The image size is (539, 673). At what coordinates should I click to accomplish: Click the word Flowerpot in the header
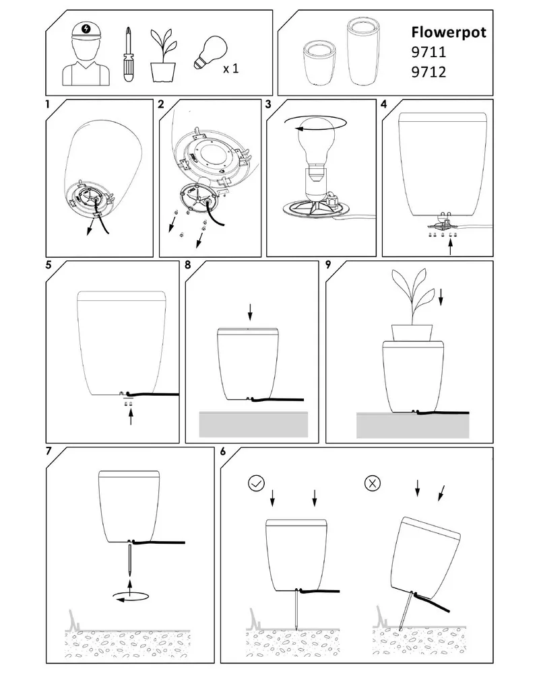pyautogui.click(x=449, y=32)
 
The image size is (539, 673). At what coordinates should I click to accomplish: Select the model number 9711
pyautogui.click(x=429, y=52)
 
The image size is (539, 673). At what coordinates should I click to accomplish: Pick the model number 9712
pyautogui.click(x=429, y=72)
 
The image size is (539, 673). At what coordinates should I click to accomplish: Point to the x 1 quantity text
pyautogui.click(x=231, y=68)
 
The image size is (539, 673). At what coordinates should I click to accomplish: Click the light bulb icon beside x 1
pyautogui.click(x=210, y=52)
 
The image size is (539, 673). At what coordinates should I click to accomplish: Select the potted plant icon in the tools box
pyautogui.click(x=163, y=55)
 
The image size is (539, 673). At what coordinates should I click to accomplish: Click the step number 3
pyautogui.click(x=269, y=105)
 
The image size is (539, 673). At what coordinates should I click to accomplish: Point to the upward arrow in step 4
pyautogui.click(x=451, y=247)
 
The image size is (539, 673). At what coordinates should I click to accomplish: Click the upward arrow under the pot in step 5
pyautogui.click(x=131, y=417)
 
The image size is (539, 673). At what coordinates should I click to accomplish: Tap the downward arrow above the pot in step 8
pyautogui.click(x=250, y=312)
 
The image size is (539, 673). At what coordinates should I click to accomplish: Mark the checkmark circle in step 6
pyautogui.click(x=257, y=483)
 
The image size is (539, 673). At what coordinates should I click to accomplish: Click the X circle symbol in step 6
pyautogui.click(x=373, y=483)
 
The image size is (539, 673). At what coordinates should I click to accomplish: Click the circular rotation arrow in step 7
pyautogui.click(x=130, y=596)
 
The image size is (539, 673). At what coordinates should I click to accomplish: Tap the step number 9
pyautogui.click(x=328, y=264)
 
